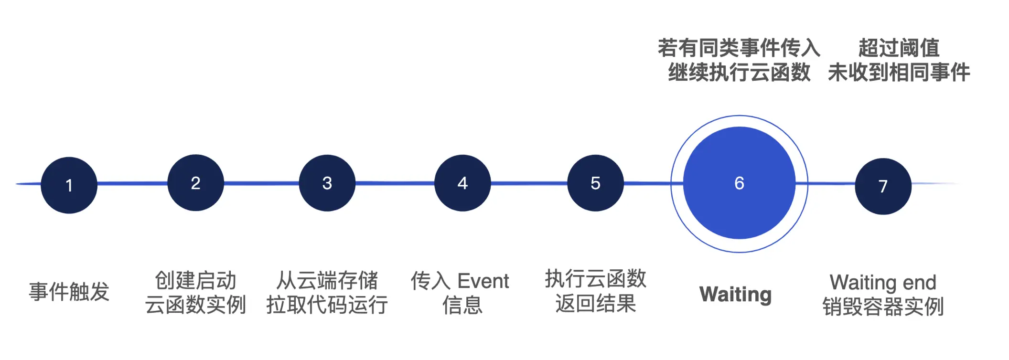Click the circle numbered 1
click(x=69, y=185)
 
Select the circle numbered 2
click(x=195, y=183)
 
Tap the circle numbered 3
click(x=327, y=183)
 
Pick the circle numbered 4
click(x=462, y=183)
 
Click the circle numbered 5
click(x=595, y=183)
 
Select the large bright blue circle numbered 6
click(x=739, y=183)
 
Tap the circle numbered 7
click(x=883, y=186)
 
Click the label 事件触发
click(x=69, y=292)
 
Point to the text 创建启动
click(x=195, y=280)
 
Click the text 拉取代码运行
click(x=327, y=305)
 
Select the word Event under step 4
click(x=483, y=281)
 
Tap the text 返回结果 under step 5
click(x=595, y=303)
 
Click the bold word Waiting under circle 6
click(x=735, y=294)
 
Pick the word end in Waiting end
click(x=919, y=282)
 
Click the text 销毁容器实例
click(x=883, y=307)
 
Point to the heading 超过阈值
click(x=899, y=48)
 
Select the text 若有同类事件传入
click(x=739, y=48)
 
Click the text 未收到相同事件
click(x=899, y=73)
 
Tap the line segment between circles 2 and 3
click(x=261, y=183)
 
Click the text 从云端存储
click(x=327, y=280)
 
